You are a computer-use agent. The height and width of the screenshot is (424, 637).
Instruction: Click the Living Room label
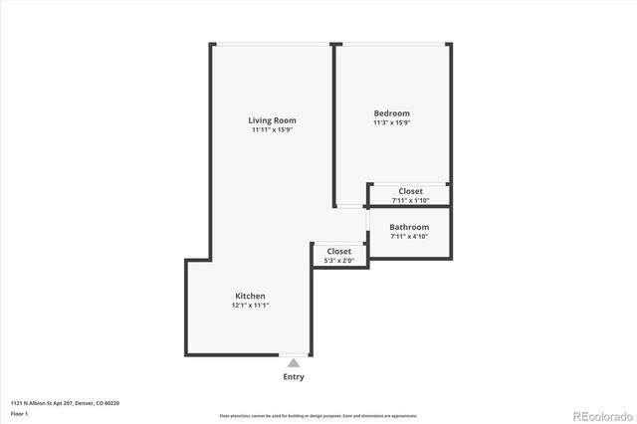(x=272, y=120)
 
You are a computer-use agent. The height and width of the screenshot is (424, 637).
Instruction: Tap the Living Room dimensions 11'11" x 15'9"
(x=272, y=130)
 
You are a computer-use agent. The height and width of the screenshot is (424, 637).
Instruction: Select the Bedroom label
(x=391, y=113)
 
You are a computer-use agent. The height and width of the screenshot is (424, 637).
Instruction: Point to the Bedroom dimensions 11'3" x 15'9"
(x=391, y=123)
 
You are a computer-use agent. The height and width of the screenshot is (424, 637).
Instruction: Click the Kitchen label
(x=250, y=296)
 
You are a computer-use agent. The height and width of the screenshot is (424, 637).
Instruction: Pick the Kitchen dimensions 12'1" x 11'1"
(x=250, y=306)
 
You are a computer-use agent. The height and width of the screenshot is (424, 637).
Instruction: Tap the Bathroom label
(x=409, y=227)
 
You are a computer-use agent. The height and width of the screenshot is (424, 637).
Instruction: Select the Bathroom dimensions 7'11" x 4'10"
(x=409, y=237)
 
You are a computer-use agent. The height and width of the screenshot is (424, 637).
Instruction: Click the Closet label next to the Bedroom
(x=410, y=191)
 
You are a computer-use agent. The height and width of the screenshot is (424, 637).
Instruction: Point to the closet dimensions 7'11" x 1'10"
(x=410, y=200)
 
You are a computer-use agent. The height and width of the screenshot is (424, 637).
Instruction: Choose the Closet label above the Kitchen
(x=338, y=251)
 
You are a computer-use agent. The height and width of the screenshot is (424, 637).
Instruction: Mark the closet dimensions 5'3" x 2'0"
(x=338, y=261)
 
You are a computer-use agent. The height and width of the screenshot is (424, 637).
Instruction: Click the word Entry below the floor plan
(x=294, y=377)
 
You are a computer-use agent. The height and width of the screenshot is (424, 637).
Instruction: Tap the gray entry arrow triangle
(x=294, y=364)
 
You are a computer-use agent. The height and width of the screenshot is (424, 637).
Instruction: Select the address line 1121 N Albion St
(x=65, y=403)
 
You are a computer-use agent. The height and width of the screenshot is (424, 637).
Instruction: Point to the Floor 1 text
(x=19, y=413)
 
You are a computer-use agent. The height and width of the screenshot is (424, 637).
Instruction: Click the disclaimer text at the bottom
(x=318, y=416)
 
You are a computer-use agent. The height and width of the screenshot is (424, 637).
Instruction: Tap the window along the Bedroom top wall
(x=394, y=44)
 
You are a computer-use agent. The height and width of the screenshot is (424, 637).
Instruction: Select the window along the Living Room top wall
(x=273, y=44)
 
